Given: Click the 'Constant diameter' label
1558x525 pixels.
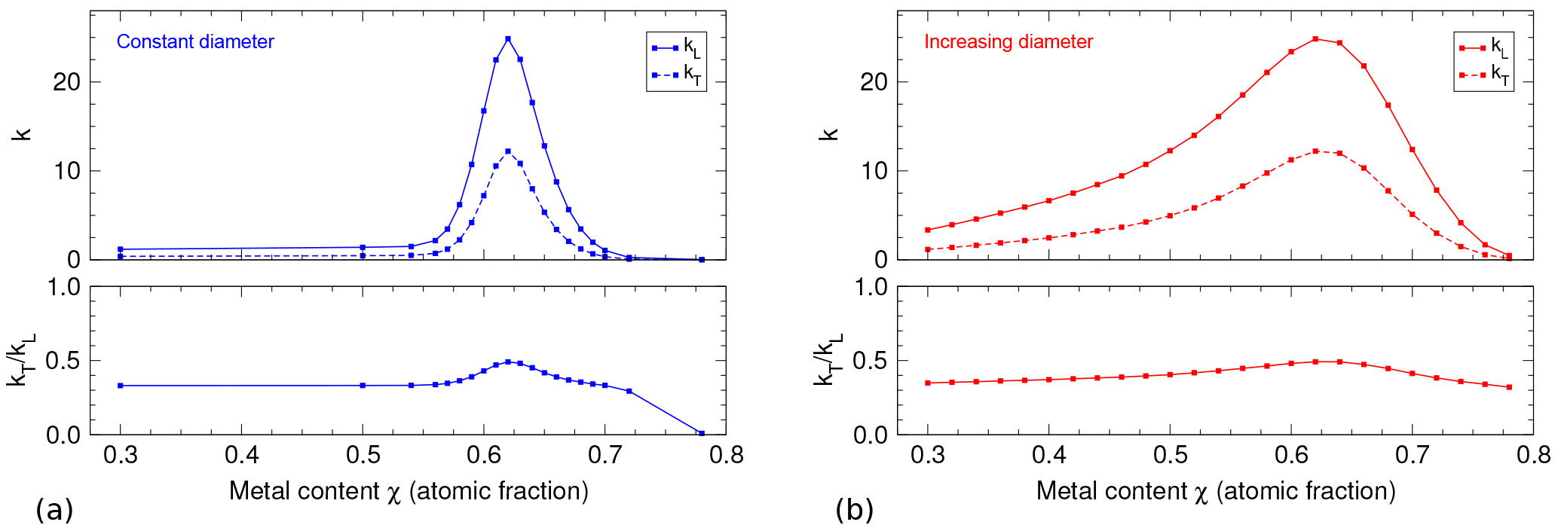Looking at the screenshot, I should tap(195, 41).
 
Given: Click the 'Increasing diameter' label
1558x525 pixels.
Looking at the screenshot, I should tap(1009, 41).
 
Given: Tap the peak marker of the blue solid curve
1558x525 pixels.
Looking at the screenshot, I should tap(508, 38).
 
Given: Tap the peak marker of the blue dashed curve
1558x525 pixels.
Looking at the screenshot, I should tap(508, 151).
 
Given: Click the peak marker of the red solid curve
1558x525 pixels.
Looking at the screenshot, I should tap(1315, 38).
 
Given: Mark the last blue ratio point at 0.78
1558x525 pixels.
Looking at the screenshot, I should tap(702, 434).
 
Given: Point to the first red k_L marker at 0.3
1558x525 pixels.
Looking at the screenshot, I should tap(928, 230).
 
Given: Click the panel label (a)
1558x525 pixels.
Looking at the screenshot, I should tap(54, 510).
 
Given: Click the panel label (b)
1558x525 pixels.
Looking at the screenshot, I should tap(854, 510).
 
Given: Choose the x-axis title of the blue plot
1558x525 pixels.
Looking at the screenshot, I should tap(409, 491).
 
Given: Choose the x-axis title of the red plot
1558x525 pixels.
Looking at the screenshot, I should tap(1216, 491).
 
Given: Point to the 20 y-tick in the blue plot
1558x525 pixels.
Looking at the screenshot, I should tap(66, 82).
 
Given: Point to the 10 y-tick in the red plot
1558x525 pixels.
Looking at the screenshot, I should tap(874, 171).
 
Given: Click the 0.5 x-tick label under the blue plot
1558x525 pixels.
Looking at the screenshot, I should tap(363, 455).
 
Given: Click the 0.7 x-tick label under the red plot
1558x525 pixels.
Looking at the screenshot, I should tap(1412, 455).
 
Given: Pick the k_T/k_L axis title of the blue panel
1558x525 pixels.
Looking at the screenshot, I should tap(22, 360).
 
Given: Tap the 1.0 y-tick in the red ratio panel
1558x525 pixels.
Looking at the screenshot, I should tap(871, 287).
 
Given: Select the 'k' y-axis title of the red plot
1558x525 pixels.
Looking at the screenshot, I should tap(829, 134).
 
